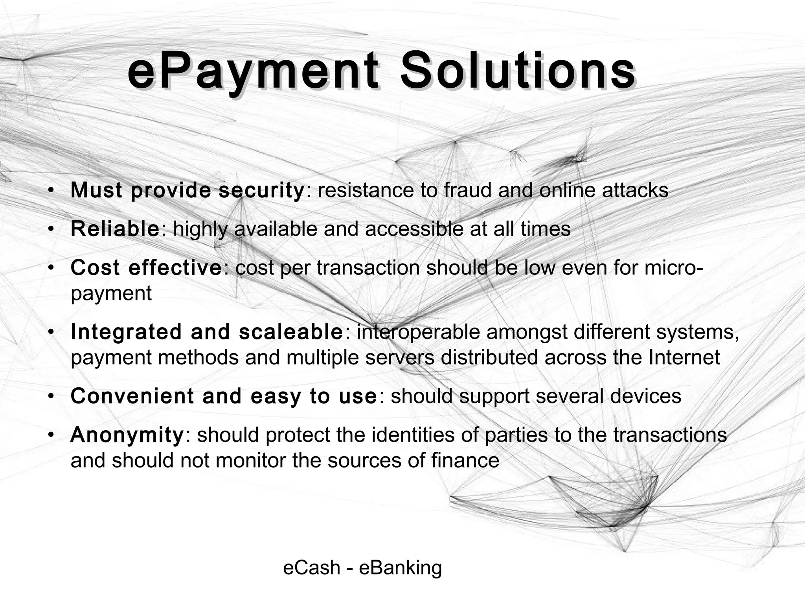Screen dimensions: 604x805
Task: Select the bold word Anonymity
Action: click(127, 435)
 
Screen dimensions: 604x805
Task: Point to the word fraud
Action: click(467, 190)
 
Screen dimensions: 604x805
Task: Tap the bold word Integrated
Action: click(126, 332)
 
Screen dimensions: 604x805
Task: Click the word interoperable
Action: click(418, 332)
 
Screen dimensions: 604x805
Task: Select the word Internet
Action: click(684, 357)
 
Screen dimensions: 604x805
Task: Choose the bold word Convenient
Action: click(132, 396)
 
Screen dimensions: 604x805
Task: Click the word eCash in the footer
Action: click(312, 568)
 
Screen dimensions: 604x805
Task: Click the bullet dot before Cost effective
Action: click(51, 268)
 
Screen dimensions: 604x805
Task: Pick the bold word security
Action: click(261, 190)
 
